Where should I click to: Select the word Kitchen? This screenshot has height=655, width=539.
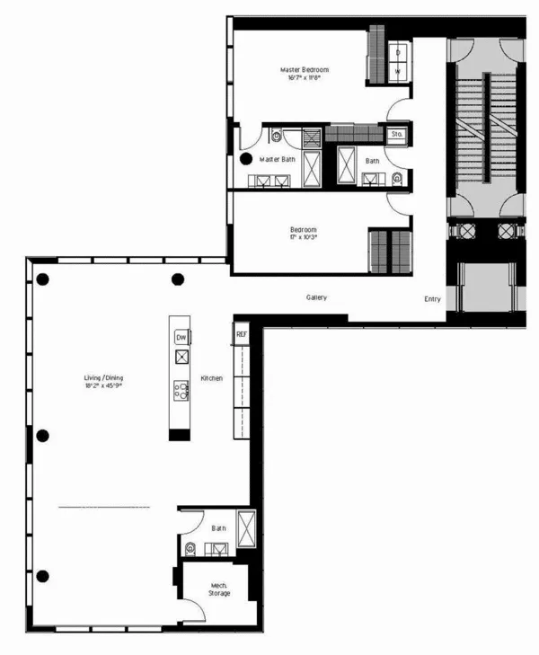[x=211, y=378]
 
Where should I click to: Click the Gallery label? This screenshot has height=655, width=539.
[x=316, y=297]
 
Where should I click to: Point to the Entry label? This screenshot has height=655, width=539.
[x=433, y=298]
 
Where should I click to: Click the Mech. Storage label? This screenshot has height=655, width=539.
[x=218, y=589]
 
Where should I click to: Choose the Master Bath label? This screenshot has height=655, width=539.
[x=278, y=159]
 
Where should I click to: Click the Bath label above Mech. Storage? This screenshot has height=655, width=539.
[x=218, y=528]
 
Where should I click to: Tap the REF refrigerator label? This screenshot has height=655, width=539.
[x=241, y=334]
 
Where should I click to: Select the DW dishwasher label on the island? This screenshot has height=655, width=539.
[x=181, y=337]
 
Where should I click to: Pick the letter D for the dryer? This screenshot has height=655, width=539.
[x=397, y=52]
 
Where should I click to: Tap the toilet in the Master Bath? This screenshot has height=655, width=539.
[x=277, y=137]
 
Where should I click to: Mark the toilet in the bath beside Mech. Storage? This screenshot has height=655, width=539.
[x=190, y=546]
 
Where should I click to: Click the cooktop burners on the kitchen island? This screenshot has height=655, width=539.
[x=181, y=390]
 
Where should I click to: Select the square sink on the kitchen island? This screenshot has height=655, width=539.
[x=181, y=357]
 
